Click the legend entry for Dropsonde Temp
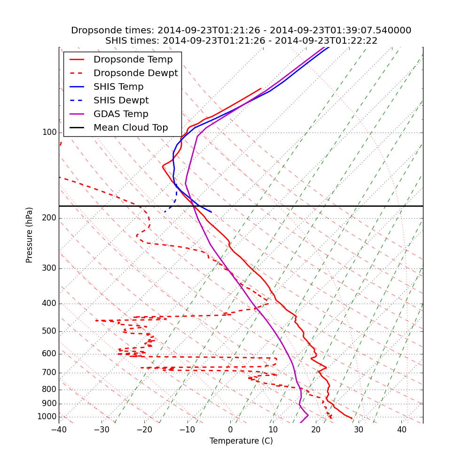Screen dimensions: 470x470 (x=133, y=60)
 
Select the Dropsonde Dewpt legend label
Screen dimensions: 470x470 (x=135, y=73)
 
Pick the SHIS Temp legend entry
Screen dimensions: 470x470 (x=118, y=87)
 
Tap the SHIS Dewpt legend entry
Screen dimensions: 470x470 (x=121, y=101)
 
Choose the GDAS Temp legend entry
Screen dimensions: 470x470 (x=121, y=114)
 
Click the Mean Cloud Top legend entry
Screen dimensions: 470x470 (x=131, y=128)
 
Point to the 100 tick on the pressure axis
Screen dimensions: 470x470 (x=49, y=133)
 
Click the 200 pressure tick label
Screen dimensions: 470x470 (x=49, y=218)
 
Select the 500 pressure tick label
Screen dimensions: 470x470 (x=49, y=331)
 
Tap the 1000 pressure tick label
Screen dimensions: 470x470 (x=47, y=417)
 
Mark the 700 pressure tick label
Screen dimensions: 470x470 (x=49, y=373)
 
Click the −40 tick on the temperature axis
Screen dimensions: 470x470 (x=59, y=430)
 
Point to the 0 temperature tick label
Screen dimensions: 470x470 (x=230, y=430)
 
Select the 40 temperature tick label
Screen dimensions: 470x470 (x=401, y=430)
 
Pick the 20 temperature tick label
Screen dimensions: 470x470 (x=316, y=430)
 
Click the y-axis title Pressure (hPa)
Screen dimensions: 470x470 (x=30, y=235)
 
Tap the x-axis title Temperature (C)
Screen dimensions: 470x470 (x=241, y=441)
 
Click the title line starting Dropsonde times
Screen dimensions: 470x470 (x=241, y=31)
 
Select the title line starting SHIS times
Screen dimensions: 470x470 (x=241, y=41)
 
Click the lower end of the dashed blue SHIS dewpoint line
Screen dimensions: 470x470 (x=164, y=212)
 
